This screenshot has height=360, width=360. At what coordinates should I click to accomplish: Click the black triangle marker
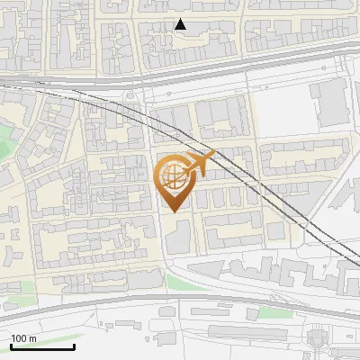181,24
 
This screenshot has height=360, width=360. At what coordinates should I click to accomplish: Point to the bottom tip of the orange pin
174,212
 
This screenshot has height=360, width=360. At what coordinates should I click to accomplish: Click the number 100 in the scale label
19,338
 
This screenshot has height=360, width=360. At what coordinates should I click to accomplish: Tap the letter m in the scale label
32,338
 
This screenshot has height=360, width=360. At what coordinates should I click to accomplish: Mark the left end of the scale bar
11,346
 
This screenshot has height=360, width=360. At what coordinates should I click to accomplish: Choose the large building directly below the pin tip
178,236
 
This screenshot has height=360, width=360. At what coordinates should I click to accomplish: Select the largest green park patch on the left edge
7,144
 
